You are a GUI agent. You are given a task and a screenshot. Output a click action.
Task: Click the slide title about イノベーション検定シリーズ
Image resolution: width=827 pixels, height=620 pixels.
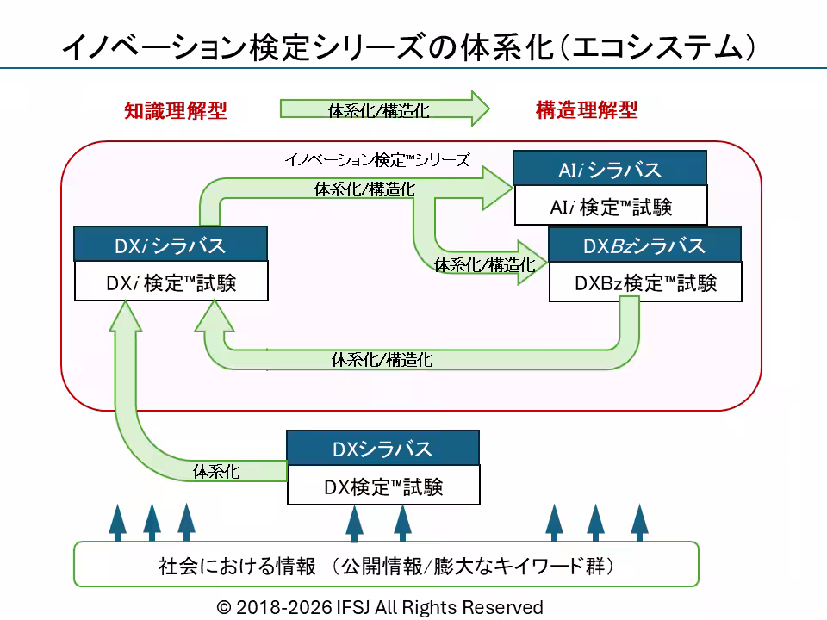[x=408, y=46]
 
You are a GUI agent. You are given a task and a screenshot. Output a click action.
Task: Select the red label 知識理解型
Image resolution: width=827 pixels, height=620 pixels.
[x=176, y=111]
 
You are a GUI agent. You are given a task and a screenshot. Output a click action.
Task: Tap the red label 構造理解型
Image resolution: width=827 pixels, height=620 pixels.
[x=587, y=109]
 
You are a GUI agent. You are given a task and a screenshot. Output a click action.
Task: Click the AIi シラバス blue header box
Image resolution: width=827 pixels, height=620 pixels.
[x=610, y=168]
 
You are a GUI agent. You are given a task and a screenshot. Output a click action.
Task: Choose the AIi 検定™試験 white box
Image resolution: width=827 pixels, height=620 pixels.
[x=611, y=205]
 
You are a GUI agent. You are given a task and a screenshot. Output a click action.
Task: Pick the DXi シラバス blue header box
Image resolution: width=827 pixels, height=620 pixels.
[x=171, y=244]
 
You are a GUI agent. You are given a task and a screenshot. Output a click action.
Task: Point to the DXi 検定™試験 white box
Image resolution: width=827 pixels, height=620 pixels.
[x=171, y=281]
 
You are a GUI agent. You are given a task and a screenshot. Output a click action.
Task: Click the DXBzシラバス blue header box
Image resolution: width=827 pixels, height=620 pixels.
[x=644, y=245]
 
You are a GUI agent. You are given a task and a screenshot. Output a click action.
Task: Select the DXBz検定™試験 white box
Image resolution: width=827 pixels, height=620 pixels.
[x=645, y=282]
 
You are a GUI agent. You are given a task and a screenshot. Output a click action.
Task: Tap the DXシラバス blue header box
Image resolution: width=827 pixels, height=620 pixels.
[x=382, y=448]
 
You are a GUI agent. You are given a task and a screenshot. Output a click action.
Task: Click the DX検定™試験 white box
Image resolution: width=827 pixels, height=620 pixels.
[x=383, y=485]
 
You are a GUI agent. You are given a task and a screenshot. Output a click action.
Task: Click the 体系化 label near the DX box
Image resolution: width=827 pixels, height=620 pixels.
[x=216, y=471]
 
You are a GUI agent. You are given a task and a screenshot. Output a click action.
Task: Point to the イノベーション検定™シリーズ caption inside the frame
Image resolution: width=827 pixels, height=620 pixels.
[x=377, y=160]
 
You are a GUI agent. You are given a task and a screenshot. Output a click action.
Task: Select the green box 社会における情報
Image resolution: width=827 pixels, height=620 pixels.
[x=386, y=564]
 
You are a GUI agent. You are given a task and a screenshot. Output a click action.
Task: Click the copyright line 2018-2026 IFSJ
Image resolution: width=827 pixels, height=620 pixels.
[x=380, y=607]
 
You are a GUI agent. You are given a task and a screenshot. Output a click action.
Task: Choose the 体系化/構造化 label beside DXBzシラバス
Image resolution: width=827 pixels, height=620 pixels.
[x=485, y=264]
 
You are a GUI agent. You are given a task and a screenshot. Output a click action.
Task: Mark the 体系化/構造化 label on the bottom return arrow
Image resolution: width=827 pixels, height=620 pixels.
[x=382, y=360]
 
